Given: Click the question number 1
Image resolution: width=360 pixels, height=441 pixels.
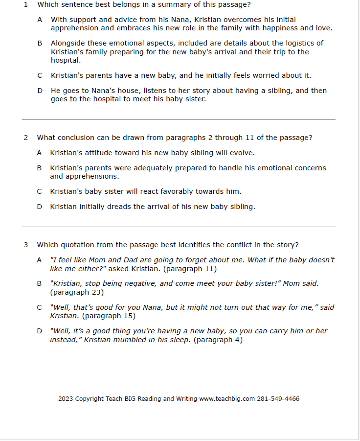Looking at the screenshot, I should [26, 5].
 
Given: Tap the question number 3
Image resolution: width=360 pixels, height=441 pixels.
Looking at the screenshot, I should [26, 245].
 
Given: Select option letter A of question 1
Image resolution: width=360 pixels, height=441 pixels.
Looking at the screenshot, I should [40, 20].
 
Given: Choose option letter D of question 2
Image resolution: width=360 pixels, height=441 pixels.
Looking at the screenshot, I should [40, 207].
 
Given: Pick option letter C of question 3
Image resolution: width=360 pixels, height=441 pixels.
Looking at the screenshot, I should [40, 308].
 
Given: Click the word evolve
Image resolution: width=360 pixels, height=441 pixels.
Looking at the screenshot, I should [242, 153].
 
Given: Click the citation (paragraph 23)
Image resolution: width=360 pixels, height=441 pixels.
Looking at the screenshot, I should [77, 293].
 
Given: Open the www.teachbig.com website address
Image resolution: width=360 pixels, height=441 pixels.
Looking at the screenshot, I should [227, 399].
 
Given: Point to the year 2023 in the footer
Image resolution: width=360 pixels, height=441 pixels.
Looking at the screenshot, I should [66, 399].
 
